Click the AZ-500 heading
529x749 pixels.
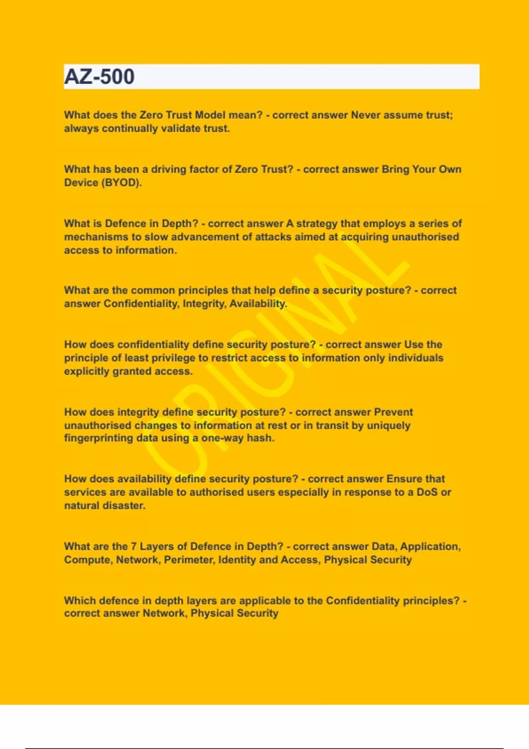[x=99, y=77]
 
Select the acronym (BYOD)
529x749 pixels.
[x=122, y=183]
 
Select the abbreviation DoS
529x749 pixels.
[x=427, y=492]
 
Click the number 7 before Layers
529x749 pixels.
[x=134, y=547]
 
